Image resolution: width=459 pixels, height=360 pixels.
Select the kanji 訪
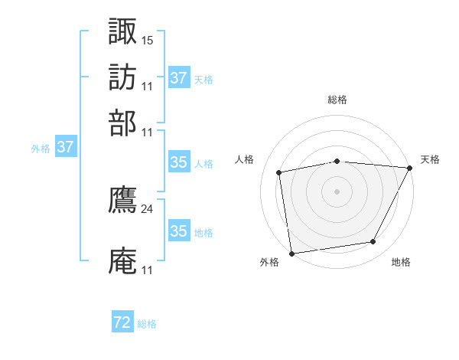(x=123, y=77)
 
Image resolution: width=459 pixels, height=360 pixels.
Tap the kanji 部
(x=123, y=123)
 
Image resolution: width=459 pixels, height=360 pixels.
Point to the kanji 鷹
(x=123, y=200)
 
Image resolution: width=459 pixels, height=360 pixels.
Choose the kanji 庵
(x=123, y=261)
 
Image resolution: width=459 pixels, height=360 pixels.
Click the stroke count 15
(x=148, y=39)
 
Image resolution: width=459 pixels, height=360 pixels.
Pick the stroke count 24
(x=148, y=208)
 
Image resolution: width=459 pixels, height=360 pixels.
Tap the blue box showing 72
(x=122, y=322)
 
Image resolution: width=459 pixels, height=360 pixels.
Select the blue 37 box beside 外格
(x=65, y=148)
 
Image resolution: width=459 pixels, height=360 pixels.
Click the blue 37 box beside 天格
(x=178, y=78)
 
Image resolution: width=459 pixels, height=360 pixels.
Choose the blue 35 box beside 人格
(x=178, y=162)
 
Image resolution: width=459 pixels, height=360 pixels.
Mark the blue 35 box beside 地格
(x=178, y=231)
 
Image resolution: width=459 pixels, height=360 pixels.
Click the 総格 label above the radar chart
(x=337, y=100)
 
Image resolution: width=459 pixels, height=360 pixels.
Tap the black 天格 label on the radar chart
(x=430, y=159)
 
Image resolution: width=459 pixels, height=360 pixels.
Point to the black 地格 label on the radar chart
(x=401, y=263)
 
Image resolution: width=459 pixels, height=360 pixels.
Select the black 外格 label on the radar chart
(x=269, y=263)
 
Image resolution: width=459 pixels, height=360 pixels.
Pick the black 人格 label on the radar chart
(x=245, y=159)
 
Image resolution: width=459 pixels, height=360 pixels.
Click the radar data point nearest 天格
(x=410, y=168)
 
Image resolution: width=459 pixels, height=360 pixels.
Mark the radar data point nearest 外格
(x=291, y=252)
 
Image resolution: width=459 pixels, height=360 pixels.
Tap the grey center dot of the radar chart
(x=337, y=191)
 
